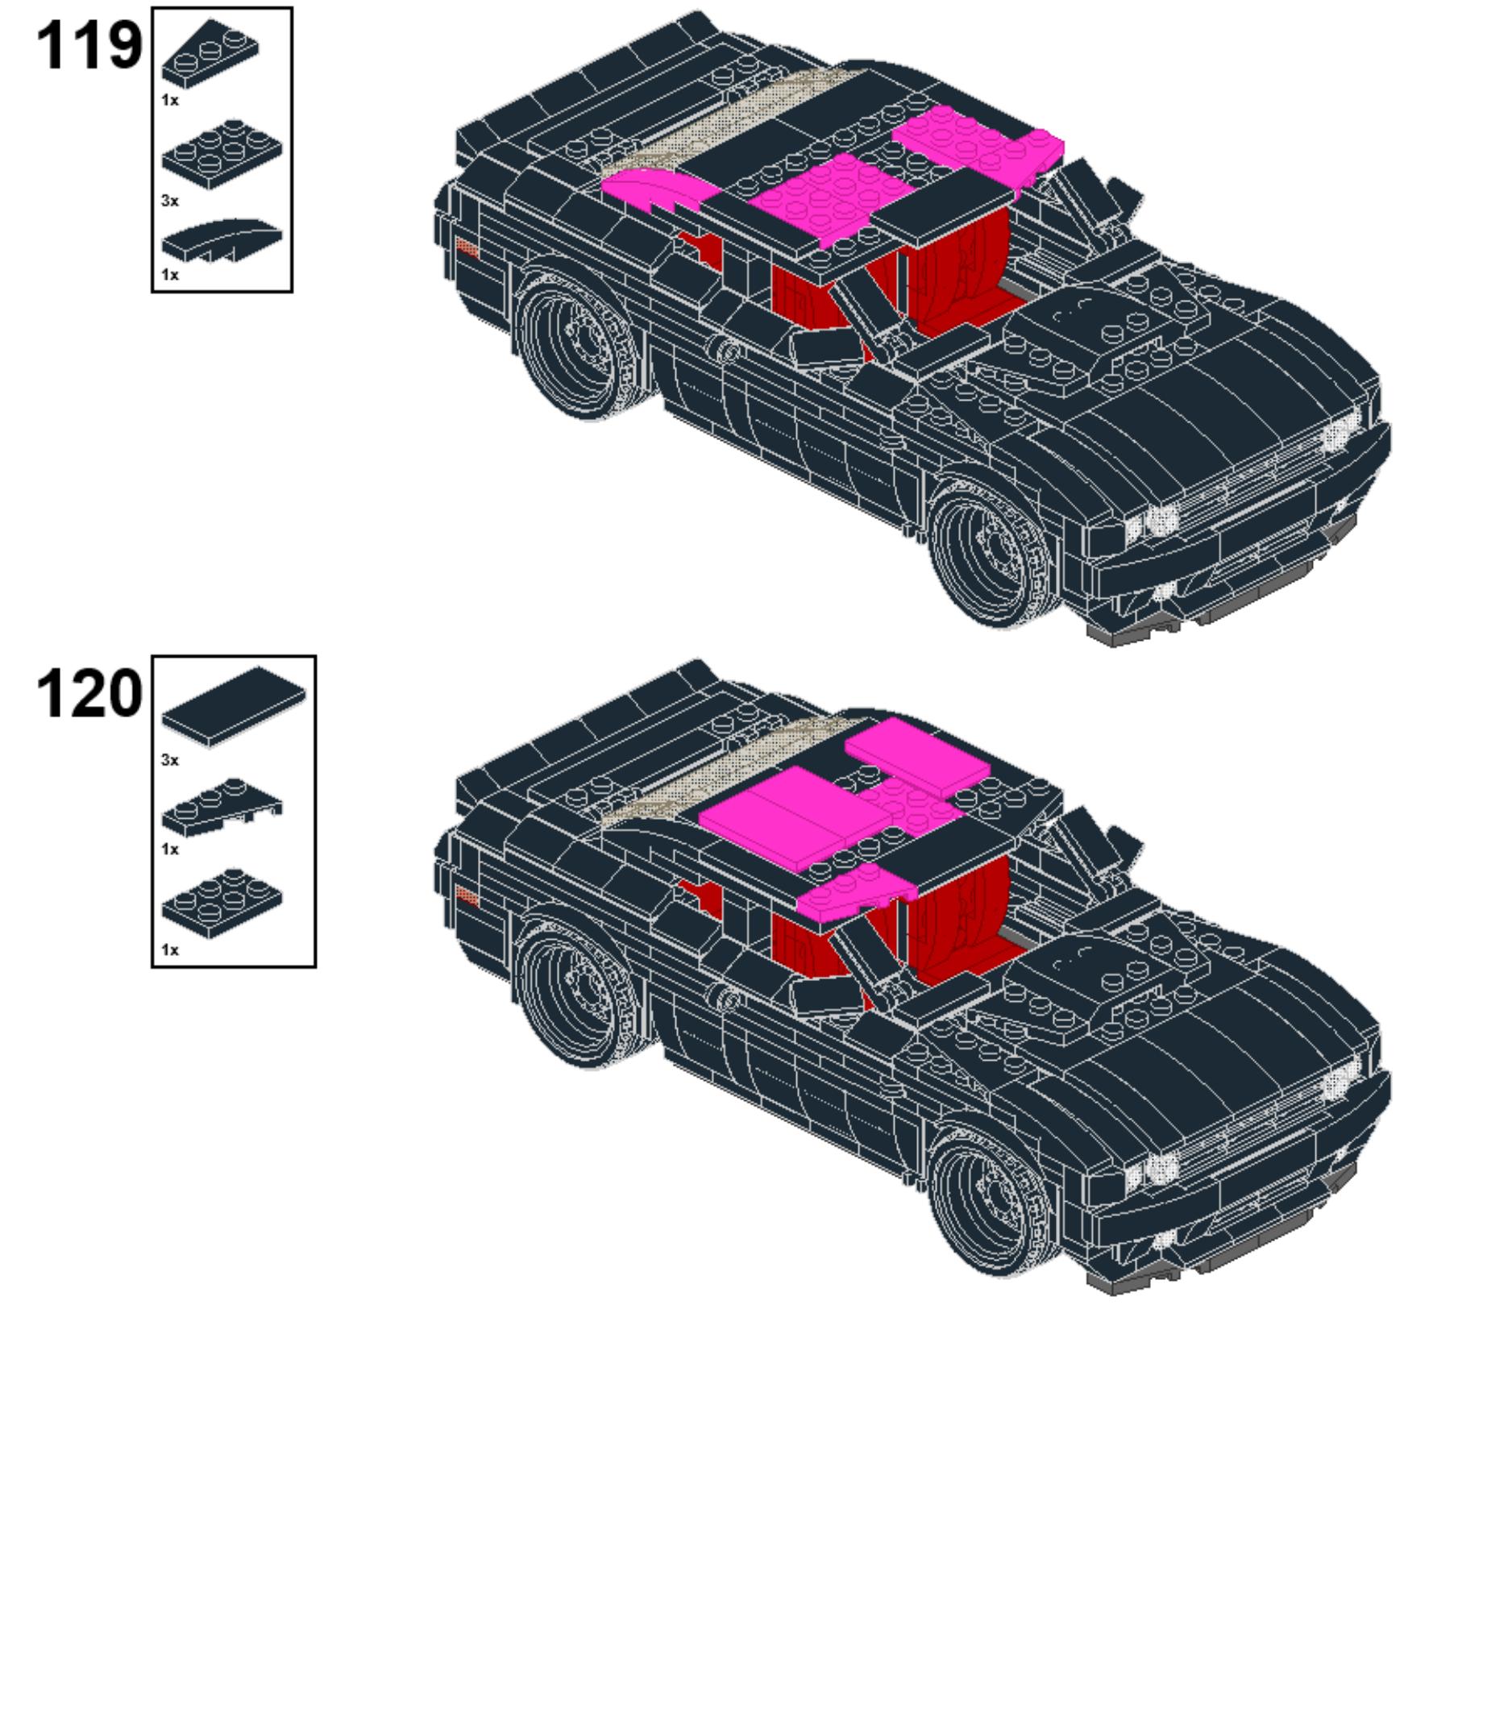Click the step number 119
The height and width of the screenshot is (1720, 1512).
point(89,45)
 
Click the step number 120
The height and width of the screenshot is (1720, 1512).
point(89,693)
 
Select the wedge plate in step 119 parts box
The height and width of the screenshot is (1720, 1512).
point(210,53)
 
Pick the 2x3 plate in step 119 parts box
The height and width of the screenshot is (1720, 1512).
point(222,155)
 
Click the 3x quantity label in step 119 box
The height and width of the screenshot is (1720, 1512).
point(170,201)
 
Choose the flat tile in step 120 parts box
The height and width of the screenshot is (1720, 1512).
point(234,707)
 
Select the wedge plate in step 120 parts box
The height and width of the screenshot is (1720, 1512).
point(222,808)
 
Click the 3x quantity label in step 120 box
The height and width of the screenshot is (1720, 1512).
point(170,761)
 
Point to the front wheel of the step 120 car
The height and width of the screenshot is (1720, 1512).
point(993,1201)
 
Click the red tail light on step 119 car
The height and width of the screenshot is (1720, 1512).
point(467,249)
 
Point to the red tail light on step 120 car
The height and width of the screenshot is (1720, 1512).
point(467,897)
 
